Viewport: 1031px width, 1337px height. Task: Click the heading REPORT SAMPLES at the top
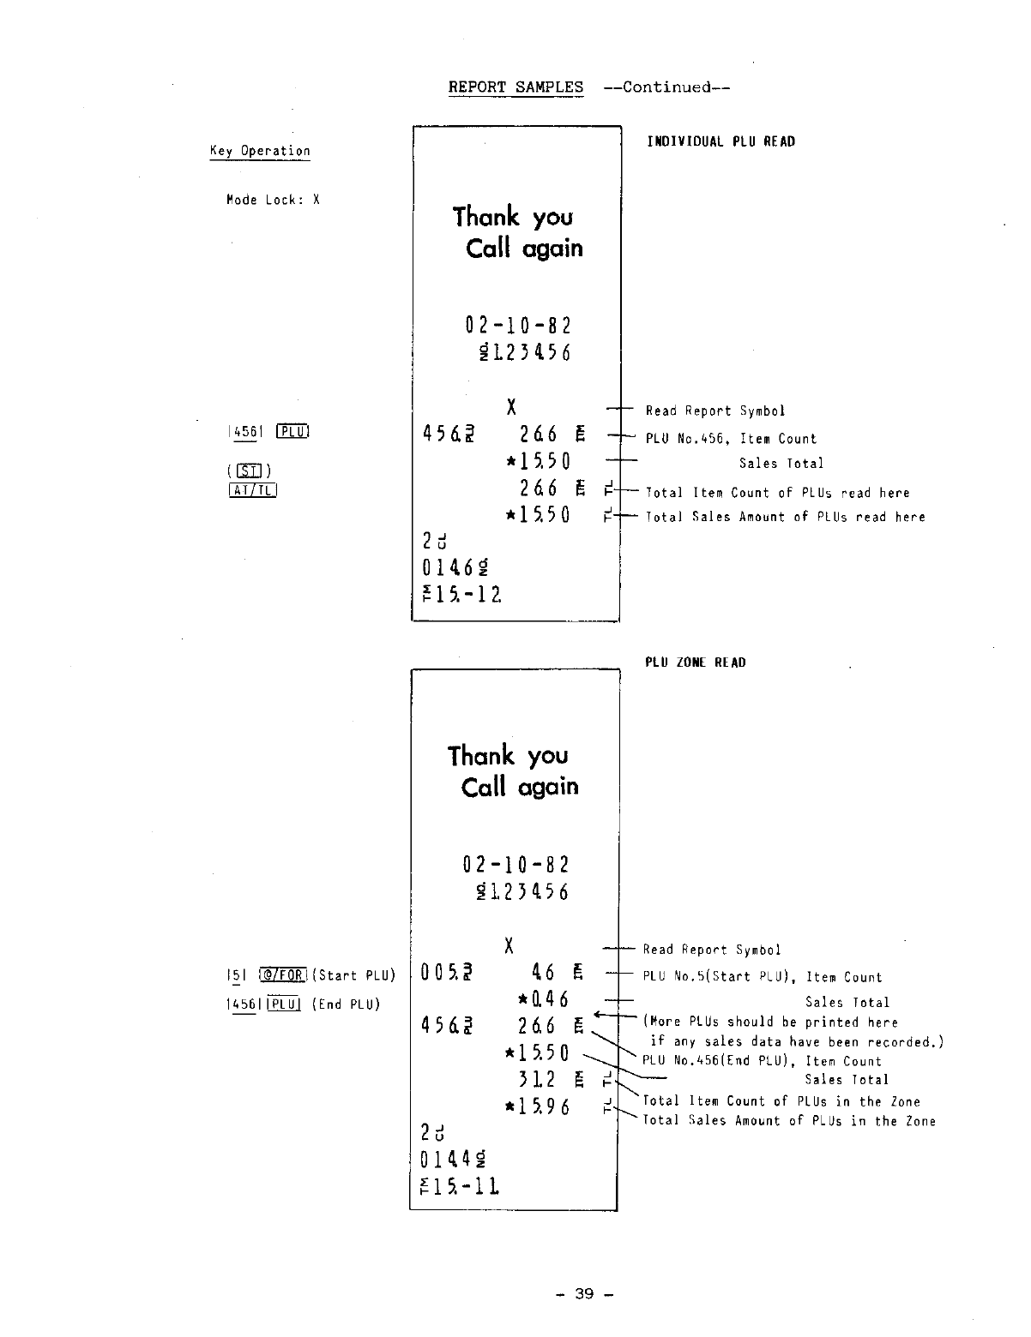(x=515, y=87)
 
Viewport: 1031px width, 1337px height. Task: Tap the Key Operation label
(x=260, y=151)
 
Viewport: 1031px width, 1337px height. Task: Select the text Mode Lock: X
(x=273, y=200)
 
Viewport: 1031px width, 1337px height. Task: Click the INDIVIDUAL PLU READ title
(x=720, y=141)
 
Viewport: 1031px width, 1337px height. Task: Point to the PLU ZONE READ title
(x=696, y=663)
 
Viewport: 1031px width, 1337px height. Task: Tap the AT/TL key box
(x=252, y=490)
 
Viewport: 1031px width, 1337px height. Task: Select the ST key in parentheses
(x=251, y=471)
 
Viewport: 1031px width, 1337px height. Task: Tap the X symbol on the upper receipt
(x=512, y=407)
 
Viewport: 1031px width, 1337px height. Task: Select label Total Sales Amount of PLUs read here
(x=785, y=517)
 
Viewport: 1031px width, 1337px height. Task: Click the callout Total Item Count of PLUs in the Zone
(x=781, y=1101)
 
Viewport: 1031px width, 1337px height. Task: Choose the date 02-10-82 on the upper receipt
(x=518, y=326)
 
